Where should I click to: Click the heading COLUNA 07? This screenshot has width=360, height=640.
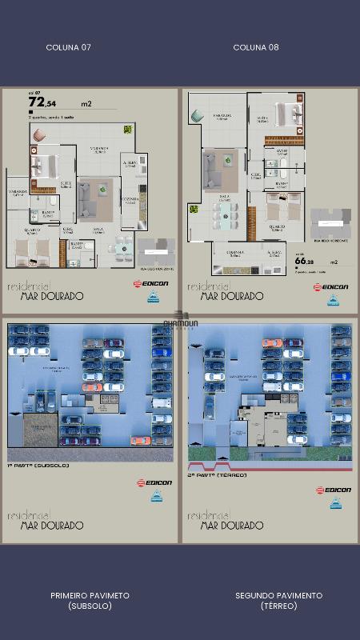69,47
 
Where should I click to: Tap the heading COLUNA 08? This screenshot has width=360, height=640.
256,47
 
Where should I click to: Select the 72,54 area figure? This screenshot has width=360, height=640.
42,102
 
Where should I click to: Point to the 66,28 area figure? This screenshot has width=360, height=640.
304,260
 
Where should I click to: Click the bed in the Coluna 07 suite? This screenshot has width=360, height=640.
43,167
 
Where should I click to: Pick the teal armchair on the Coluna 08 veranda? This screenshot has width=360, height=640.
197,117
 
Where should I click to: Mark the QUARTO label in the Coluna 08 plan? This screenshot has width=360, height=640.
277,226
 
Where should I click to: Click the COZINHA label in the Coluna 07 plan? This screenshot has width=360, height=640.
130,199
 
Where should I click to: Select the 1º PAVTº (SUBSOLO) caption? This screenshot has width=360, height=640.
38,465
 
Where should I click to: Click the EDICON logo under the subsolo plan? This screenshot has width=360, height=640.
153,482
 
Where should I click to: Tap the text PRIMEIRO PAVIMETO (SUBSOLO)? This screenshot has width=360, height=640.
90,600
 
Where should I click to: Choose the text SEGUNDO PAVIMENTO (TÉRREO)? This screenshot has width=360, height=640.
278,600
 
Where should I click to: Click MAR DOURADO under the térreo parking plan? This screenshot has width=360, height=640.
232,526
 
